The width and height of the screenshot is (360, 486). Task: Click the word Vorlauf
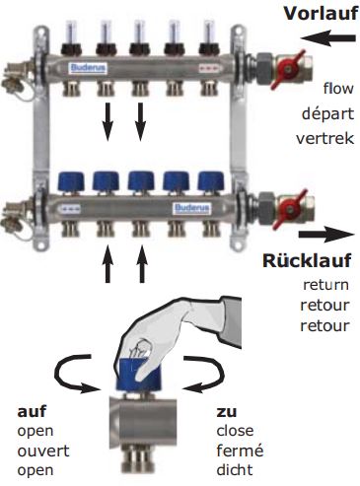(319, 14)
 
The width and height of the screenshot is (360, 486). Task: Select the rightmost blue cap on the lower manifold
(208, 182)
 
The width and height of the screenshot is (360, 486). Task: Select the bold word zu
(225, 410)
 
